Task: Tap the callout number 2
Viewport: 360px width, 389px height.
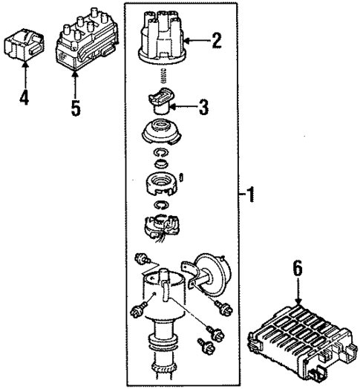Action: click(x=216, y=40)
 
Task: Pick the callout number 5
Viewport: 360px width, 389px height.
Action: click(x=75, y=108)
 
